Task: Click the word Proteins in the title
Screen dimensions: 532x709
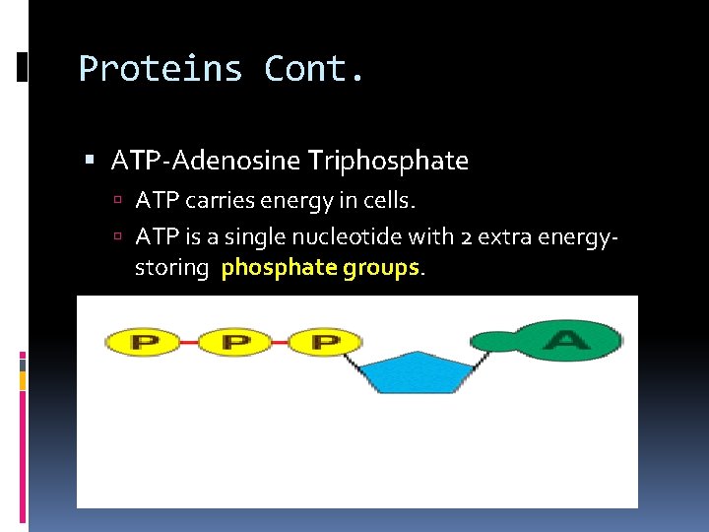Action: coord(161,69)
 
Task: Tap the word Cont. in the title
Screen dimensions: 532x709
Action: coord(314,69)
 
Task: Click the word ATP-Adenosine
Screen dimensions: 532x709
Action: coord(205,160)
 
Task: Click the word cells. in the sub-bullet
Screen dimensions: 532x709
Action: coord(393,201)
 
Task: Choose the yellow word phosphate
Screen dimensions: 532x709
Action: coord(280,268)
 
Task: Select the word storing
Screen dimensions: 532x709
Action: coord(172,268)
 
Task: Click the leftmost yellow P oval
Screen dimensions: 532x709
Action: coord(142,343)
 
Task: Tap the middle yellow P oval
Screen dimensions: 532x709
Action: coord(234,343)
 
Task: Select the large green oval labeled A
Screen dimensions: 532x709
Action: coord(568,341)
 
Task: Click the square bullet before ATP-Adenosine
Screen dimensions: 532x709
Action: coord(91,160)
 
